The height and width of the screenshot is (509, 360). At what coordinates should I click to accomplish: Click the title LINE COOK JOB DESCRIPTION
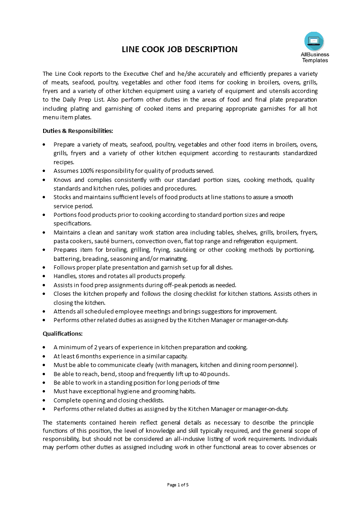tap(179, 49)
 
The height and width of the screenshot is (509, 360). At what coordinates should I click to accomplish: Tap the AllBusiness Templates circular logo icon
tap(314, 41)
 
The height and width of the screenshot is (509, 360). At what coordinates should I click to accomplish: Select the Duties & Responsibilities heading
tap(78, 131)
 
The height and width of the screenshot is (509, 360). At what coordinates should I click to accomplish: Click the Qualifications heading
tap(63, 333)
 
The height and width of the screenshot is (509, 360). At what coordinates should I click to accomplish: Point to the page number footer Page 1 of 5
tap(178, 485)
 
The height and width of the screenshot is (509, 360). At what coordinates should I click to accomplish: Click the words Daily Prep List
tap(87, 99)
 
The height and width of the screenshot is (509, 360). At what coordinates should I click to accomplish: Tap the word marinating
tap(173, 259)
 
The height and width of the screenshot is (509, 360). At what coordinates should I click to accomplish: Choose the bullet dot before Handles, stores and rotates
tap(44, 276)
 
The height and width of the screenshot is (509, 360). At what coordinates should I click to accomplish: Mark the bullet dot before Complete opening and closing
tap(44, 400)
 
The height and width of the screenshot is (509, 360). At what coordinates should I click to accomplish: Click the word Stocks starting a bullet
tap(62, 197)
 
